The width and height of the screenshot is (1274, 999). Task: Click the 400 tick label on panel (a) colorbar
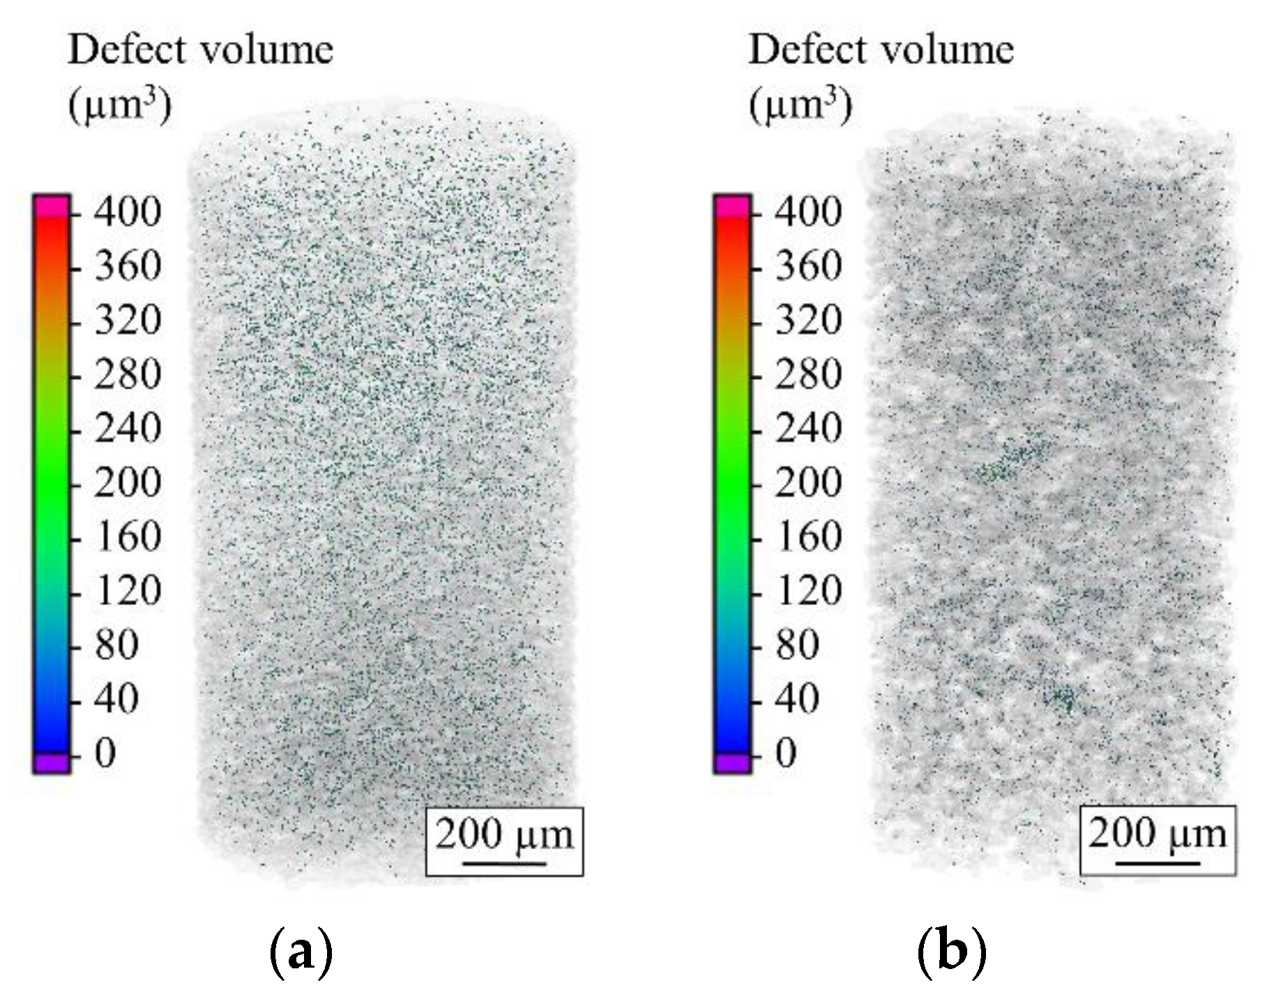tap(128, 211)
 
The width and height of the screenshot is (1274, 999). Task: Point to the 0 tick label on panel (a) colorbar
tap(105, 753)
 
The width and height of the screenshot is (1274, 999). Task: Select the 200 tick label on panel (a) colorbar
tap(128, 482)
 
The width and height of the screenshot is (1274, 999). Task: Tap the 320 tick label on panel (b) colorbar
tap(808, 320)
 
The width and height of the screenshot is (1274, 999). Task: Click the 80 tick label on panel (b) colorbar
tap(797, 645)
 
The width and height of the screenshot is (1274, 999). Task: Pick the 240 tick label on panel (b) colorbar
tap(808, 428)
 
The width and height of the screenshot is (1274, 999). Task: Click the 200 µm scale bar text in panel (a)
tap(503, 834)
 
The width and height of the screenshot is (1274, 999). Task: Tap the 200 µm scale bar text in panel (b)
tap(1157, 833)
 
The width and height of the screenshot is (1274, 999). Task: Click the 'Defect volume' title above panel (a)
tap(201, 50)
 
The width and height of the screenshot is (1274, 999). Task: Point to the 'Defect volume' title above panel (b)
tap(881, 50)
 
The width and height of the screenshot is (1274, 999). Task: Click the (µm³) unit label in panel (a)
tap(119, 107)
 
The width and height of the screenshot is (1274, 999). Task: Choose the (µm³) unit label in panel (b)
tap(801, 107)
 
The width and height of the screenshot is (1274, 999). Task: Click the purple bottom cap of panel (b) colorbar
tap(732, 763)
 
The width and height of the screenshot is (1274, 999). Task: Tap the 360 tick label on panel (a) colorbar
tap(128, 266)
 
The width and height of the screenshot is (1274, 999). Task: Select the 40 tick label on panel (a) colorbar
tap(116, 699)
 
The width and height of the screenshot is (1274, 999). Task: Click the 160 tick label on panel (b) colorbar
tap(808, 537)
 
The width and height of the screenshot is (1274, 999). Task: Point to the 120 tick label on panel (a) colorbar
tap(128, 590)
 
